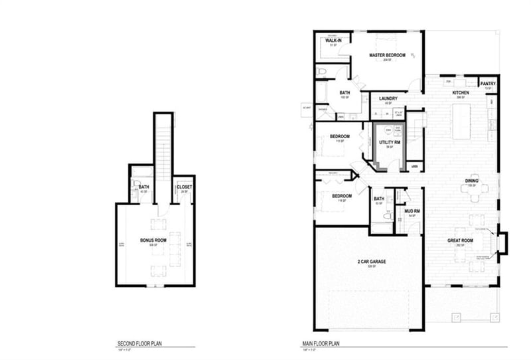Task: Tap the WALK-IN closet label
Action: (x=333, y=41)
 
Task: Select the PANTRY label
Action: (x=489, y=84)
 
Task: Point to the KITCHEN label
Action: (x=461, y=93)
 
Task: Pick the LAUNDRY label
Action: (x=388, y=99)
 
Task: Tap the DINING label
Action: (x=473, y=181)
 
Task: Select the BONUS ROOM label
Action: (x=152, y=240)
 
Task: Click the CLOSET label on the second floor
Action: (x=184, y=187)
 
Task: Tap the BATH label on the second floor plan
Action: (x=143, y=187)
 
